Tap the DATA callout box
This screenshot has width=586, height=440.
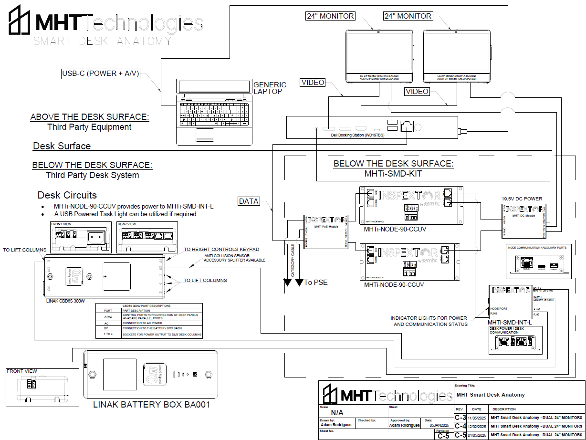click(x=249, y=201)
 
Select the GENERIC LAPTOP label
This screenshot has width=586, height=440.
click(x=270, y=88)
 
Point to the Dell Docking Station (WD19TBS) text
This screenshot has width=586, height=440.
click(x=358, y=135)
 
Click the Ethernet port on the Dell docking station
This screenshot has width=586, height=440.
click(x=407, y=125)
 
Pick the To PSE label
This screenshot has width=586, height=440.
click(x=316, y=282)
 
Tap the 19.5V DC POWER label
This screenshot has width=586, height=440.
click(x=522, y=199)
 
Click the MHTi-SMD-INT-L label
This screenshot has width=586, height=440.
click(x=509, y=322)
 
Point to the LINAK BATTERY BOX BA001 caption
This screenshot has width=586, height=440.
click(x=152, y=405)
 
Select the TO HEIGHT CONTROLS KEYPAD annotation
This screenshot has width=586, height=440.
click(x=221, y=249)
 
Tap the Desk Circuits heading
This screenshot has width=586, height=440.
click(x=67, y=195)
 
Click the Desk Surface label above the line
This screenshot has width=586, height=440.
click(x=62, y=146)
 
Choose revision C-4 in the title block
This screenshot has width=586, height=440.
click(x=460, y=426)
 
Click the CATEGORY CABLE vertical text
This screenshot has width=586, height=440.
click(x=293, y=260)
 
